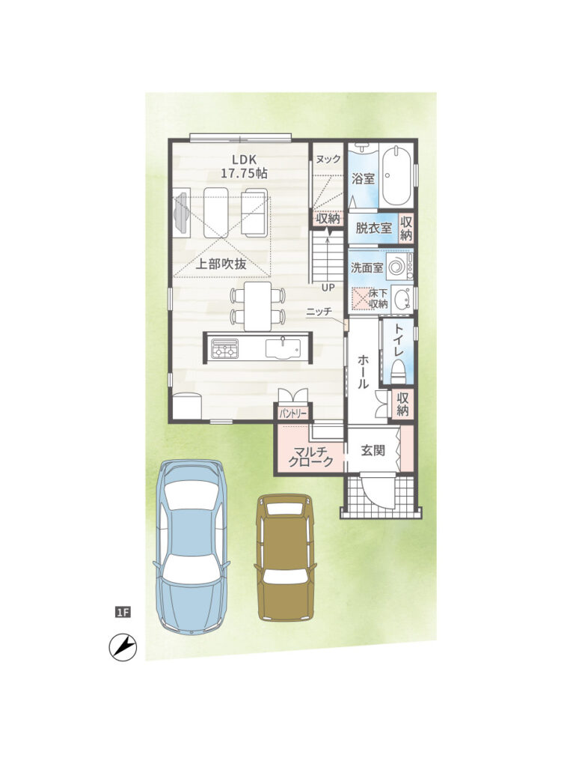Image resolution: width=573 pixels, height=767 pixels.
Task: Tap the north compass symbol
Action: (x=123, y=647)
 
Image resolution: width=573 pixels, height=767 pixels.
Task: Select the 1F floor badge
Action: (x=123, y=611)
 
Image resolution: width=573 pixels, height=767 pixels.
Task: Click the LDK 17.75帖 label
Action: (x=245, y=166)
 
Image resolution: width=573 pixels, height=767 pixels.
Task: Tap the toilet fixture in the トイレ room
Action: (x=398, y=372)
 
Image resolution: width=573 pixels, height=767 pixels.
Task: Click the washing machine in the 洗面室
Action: (x=400, y=267)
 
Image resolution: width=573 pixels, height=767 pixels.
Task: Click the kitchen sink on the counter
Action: (x=284, y=349)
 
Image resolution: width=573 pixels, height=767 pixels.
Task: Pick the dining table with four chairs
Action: (x=258, y=306)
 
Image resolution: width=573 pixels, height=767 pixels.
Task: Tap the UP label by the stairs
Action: (x=328, y=288)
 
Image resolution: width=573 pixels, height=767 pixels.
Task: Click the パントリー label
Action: (x=293, y=413)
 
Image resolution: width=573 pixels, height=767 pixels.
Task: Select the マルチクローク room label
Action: (x=311, y=455)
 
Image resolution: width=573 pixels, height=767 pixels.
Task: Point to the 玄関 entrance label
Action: (x=373, y=450)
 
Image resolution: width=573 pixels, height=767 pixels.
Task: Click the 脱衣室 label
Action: (x=374, y=228)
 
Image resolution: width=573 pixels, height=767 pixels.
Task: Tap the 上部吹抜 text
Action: (x=221, y=264)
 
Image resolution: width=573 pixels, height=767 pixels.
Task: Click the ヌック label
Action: (x=328, y=159)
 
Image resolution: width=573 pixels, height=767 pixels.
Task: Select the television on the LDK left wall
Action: (x=181, y=213)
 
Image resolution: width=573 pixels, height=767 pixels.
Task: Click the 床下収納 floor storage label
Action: (x=378, y=298)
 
